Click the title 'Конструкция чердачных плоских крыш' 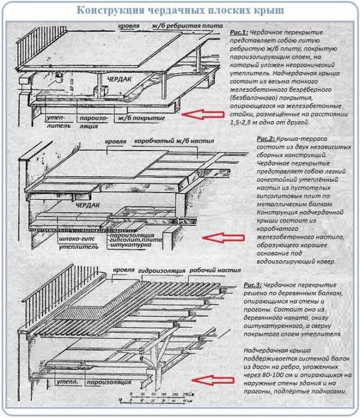pyautogui.click(x=180, y=11)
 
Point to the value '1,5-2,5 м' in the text pyautogui.click(x=247, y=121)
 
